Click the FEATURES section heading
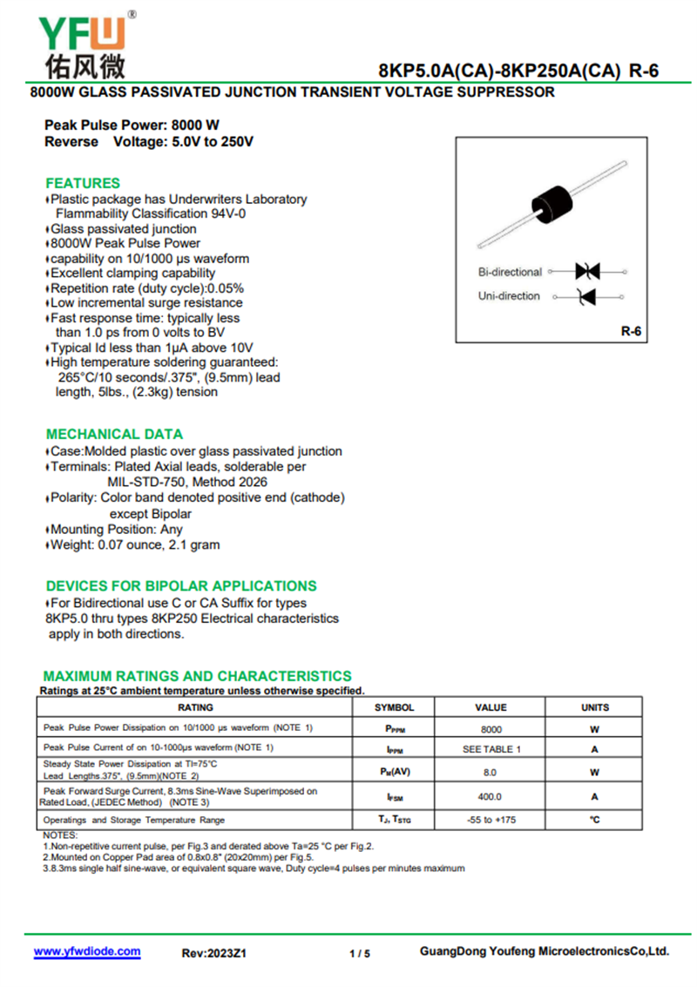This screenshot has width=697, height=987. coord(83,183)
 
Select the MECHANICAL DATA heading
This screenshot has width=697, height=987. coord(114,434)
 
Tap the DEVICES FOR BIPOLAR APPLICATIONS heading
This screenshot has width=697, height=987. coord(181,585)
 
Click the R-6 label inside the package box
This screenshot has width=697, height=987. coord(631,331)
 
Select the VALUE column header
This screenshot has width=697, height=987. coord(491,707)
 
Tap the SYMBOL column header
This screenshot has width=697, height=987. coord(394,707)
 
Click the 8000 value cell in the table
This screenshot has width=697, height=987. coord(491,729)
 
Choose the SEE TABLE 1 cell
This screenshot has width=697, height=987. coord(491,749)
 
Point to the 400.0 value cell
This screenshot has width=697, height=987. coord(491,796)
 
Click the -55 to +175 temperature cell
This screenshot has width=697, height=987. coord(491,820)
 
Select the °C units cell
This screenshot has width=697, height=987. coord(595,820)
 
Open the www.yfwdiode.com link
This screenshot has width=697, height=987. coord(87,951)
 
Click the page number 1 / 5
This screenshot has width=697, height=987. coord(360,953)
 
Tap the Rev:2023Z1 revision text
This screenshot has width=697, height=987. coord(214,953)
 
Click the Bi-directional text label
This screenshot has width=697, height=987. coord(510,272)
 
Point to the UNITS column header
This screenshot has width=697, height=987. coord(595,707)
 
